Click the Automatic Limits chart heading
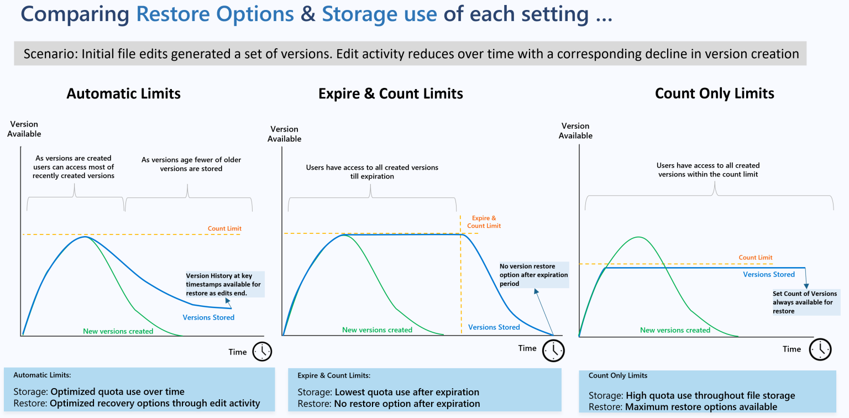click(123, 93)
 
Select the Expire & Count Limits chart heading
click(390, 94)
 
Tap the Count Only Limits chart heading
click(714, 93)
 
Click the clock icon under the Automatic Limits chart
click(263, 352)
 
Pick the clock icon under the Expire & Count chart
click(553, 351)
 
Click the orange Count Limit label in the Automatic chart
click(224, 228)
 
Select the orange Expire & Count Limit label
click(484, 222)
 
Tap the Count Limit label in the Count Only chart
click(756, 257)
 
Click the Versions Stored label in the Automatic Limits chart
click(208, 317)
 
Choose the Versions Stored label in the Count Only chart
click(769, 274)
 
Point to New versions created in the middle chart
click(377, 330)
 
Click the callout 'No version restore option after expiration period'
click(534, 275)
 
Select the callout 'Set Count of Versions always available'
click(805, 302)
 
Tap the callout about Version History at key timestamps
click(224, 284)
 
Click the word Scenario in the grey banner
click(50, 54)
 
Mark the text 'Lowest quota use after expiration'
click(407, 392)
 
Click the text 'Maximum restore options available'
click(701, 407)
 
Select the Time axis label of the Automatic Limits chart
click(238, 352)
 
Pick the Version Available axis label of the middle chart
click(285, 134)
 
